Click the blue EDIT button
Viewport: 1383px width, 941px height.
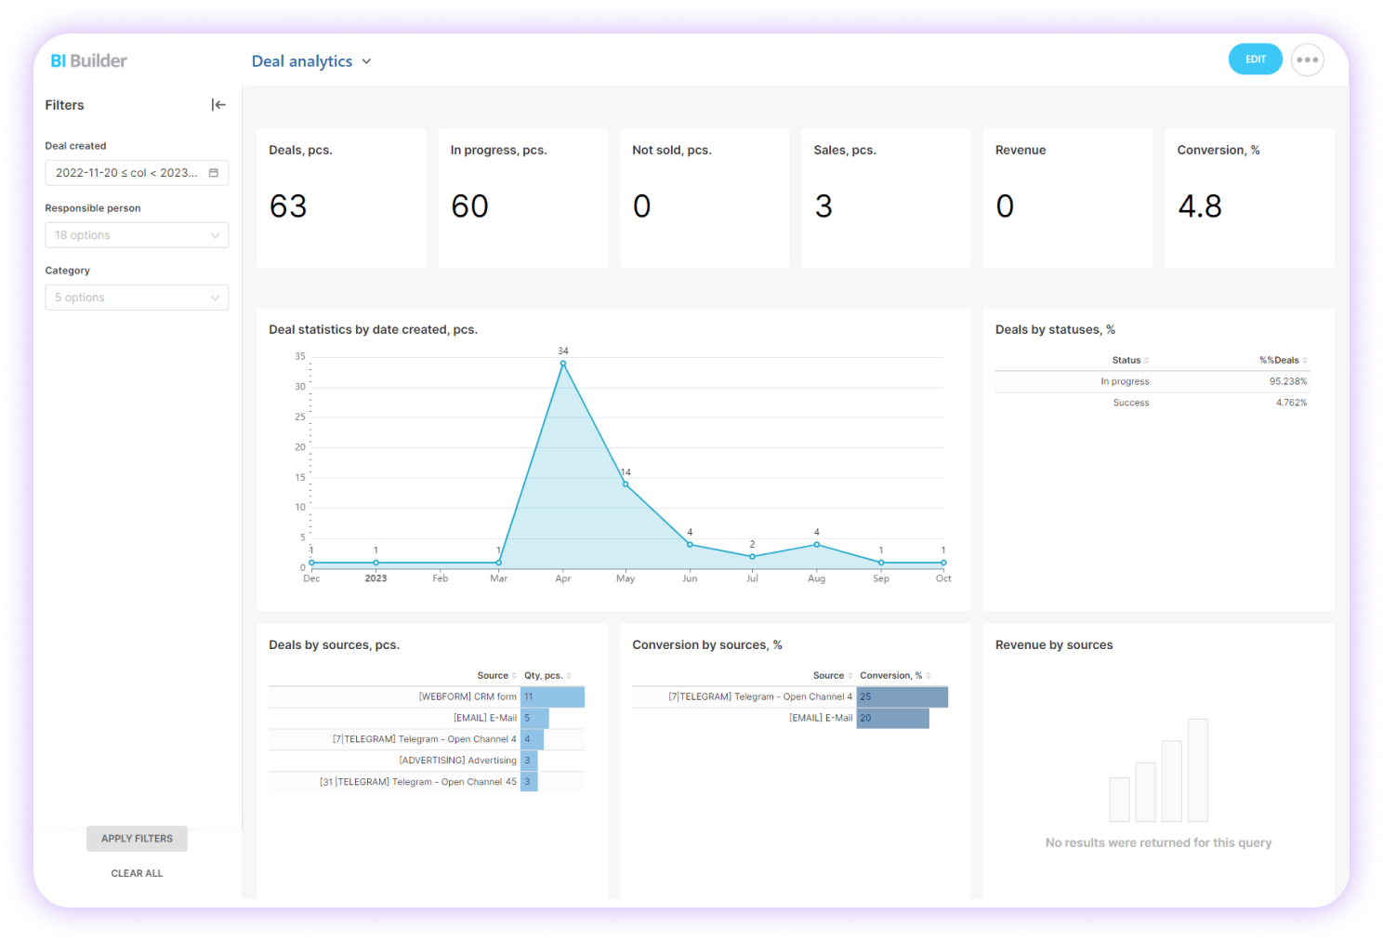click(x=1255, y=60)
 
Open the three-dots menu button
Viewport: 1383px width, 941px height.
click(x=1307, y=60)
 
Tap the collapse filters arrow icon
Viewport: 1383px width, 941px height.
click(x=218, y=105)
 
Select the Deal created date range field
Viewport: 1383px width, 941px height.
click(x=137, y=173)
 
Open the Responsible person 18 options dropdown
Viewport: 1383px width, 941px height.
click(x=137, y=235)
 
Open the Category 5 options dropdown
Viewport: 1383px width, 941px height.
click(x=137, y=298)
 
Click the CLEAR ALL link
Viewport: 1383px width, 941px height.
click(x=137, y=873)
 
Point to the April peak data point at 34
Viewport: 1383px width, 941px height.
click(x=563, y=364)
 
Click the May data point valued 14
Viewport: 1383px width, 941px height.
click(x=626, y=484)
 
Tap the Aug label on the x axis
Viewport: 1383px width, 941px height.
click(x=816, y=578)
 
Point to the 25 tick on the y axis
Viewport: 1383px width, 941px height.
click(x=300, y=417)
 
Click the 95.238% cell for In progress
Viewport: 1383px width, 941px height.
click(x=1287, y=381)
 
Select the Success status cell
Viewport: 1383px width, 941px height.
click(x=1131, y=403)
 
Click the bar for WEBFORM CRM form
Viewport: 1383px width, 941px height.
click(x=553, y=696)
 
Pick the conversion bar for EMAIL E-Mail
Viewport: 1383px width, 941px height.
click(x=892, y=718)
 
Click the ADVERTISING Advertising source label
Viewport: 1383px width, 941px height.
click(x=457, y=761)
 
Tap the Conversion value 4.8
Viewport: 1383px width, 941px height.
click(x=1200, y=206)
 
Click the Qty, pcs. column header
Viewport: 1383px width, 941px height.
click(x=544, y=676)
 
